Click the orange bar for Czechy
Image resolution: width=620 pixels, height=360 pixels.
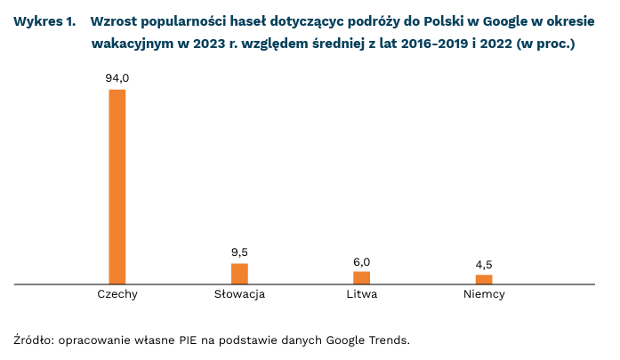[x=117, y=187]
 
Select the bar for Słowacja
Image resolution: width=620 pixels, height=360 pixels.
[x=239, y=274]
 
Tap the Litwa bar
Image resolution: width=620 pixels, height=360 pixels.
[x=361, y=277]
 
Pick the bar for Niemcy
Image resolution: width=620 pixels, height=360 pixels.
[x=484, y=279]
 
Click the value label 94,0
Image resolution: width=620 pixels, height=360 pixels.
[x=117, y=79]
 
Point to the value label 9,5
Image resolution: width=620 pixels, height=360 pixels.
[x=239, y=252]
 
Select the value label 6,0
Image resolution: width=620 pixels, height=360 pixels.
[x=361, y=261]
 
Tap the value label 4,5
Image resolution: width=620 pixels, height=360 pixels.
[x=484, y=264]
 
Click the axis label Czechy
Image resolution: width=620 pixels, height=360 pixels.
[x=117, y=294]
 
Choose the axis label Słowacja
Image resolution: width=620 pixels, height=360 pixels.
[x=239, y=294]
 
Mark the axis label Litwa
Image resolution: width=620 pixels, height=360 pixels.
[x=361, y=294]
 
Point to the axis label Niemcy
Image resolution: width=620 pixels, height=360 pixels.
[x=484, y=294]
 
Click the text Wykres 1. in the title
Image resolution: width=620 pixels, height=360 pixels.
[x=44, y=20]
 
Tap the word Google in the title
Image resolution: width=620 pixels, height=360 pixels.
[x=481, y=20]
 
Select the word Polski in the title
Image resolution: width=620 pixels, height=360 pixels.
[x=407, y=20]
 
